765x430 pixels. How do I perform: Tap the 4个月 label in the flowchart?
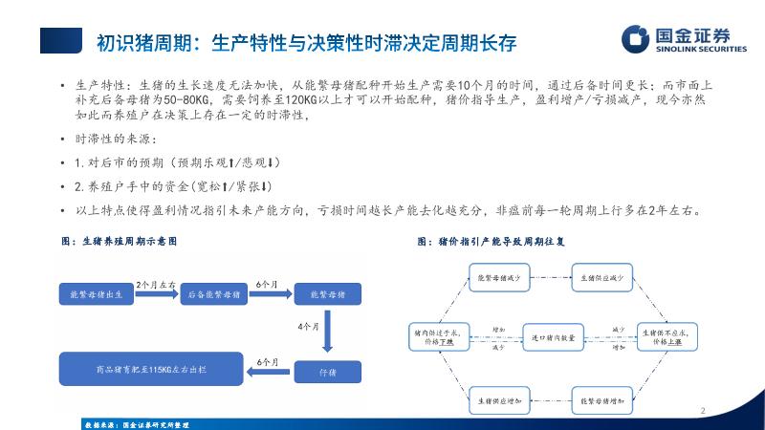[x=308, y=327]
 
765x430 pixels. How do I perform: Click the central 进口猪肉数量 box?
[x=552, y=336]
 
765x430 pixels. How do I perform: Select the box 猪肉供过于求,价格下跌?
[x=435, y=335]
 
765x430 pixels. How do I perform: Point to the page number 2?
[x=703, y=412]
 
